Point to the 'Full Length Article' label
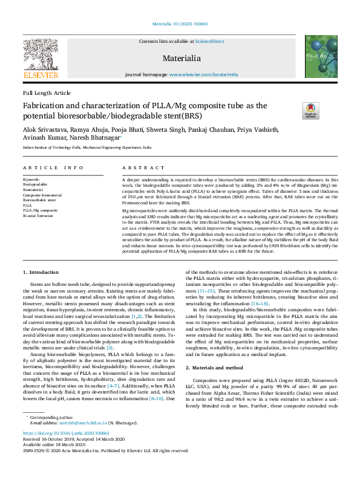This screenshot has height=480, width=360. [47, 93]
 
